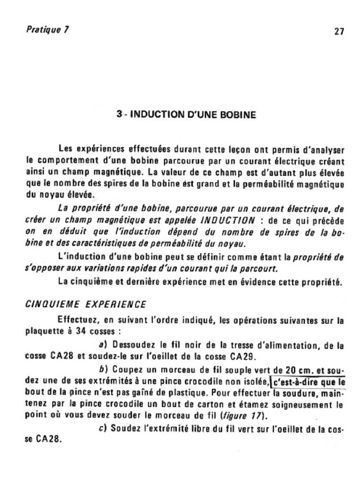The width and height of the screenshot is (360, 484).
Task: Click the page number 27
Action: click(339, 32)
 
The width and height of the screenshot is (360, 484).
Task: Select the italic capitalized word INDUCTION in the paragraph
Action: click(228, 220)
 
